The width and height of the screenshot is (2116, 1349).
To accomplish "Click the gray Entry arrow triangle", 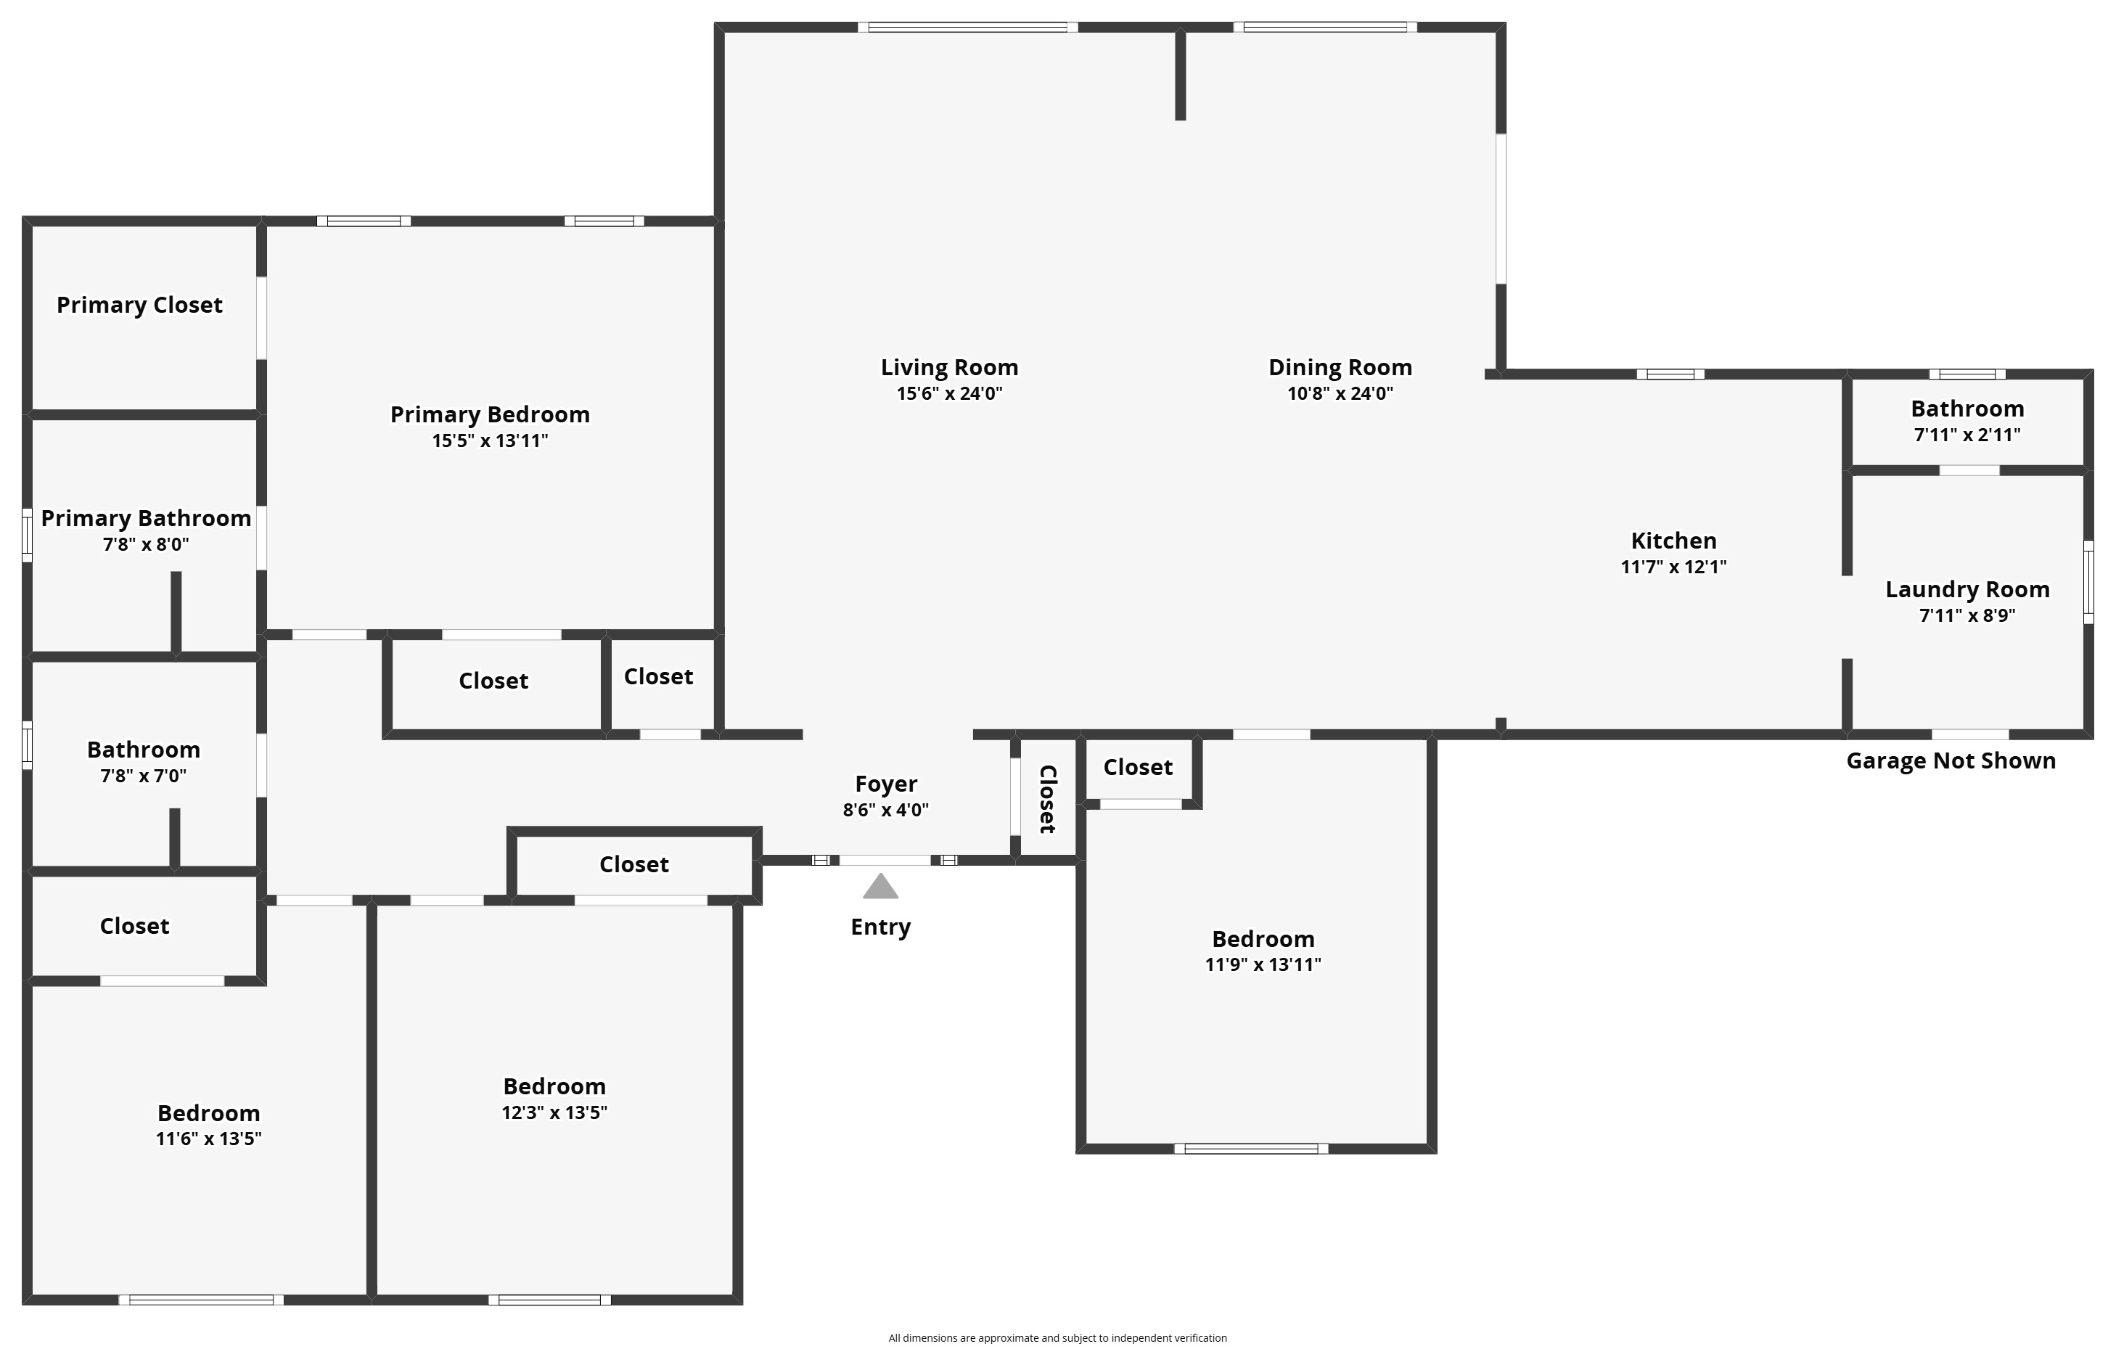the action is pyautogui.click(x=880, y=887).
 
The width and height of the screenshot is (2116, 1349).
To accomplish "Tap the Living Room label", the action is pyautogui.click(x=949, y=367).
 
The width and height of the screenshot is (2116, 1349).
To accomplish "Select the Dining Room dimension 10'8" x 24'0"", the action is pyautogui.click(x=1340, y=394).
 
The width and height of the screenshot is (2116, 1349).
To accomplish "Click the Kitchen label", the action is pyautogui.click(x=1674, y=541).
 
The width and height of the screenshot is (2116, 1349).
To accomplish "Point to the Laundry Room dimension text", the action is pyautogui.click(x=1967, y=615).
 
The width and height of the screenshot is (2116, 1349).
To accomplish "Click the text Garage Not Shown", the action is pyautogui.click(x=1951, y=761).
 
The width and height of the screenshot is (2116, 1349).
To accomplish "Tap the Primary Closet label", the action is pyautogui.click(x=140, y=305).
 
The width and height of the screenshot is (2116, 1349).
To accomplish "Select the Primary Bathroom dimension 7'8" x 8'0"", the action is pyautogui.click(x=146, y=545).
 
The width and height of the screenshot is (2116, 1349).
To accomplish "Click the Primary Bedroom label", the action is pyautogui.click(x=490, y=415).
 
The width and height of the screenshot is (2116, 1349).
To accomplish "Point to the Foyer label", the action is pyautogui.click(x=886, y=784).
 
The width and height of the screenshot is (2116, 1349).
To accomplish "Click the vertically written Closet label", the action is pyautogui.click(x=1046, y=799).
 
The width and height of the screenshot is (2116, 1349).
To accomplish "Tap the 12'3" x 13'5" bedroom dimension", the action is pyautogui.click(x=554, y=1112).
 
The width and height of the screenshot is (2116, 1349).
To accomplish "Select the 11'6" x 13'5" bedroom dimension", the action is pyautogui.click(x=208, y=1139).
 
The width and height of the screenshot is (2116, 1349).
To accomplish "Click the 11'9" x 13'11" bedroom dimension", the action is pyautogui.click(x=1263, y=965).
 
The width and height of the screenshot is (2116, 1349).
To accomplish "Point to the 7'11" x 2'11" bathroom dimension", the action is pyautogui.click(x=1967, y=435).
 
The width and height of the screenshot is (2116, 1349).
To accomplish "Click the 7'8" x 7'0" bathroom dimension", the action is pyautogui.click(x=143, y=776).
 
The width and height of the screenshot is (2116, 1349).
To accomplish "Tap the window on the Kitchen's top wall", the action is pyautogui.click(x=1670, y=374).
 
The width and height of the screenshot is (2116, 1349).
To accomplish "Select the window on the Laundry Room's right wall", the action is pyautogui.click(x=2088, y=583).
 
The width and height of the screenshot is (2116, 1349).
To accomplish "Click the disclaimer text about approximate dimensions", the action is pyautogui.click(x=1057, y=1337).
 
